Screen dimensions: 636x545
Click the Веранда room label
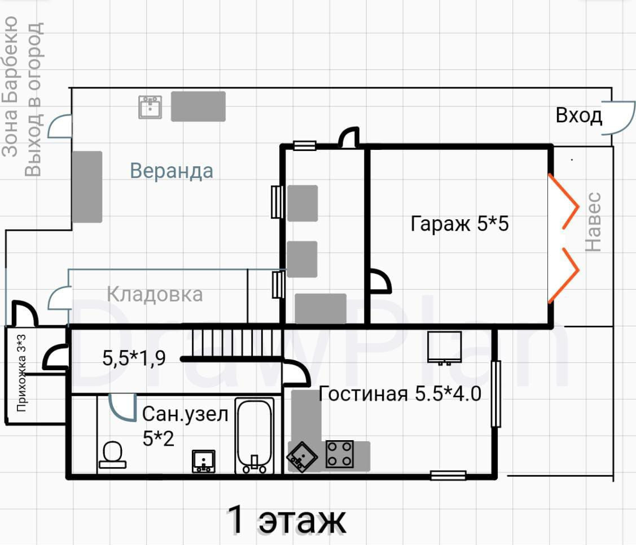tap(172, 170)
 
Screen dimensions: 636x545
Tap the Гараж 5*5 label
tap(460, 224)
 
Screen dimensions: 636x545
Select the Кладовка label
tap(155, 294)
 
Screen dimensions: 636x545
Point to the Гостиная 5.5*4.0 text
tap(400, 393)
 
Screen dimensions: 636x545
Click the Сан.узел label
tap(185, 415)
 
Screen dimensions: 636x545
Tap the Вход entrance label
tap(578, 116)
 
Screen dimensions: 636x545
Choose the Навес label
tap(593, 221)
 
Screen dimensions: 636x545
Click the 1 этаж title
tap(286, 521)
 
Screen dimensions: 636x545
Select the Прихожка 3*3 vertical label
tap(21, 373)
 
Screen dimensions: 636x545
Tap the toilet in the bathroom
tap(112, 454)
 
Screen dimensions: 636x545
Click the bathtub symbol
tap(254, 436)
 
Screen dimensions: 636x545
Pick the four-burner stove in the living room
tap(340, 454)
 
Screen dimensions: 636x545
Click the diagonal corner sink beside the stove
tap(303, 455)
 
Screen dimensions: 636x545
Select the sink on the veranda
tap(150, 107)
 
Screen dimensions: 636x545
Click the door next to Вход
tap(619, 117)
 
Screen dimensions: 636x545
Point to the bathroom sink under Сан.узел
tap(203, 460)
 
